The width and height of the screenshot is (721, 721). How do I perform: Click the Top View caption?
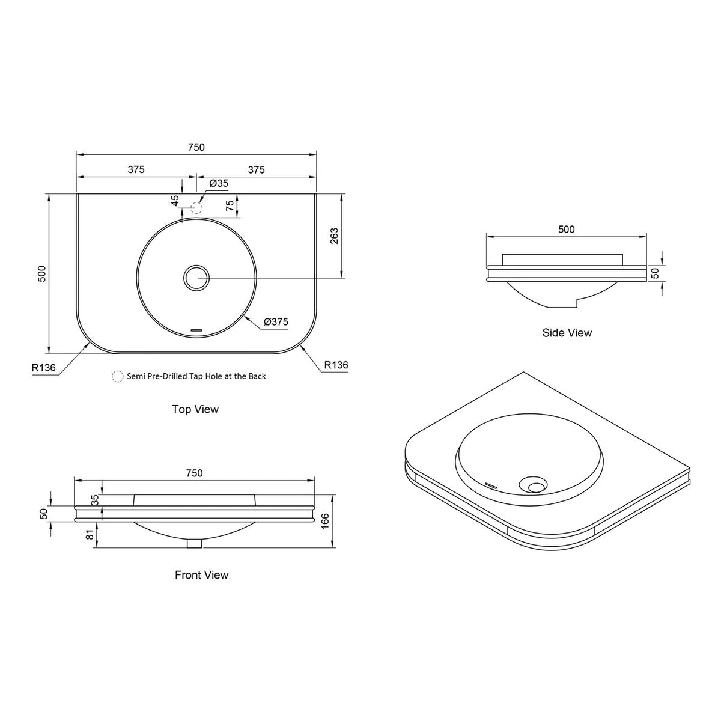[195, 409]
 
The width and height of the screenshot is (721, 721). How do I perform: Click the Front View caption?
[201, 575]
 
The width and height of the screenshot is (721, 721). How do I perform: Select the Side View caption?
[567, 333]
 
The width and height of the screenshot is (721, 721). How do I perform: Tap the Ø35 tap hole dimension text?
[219, 183]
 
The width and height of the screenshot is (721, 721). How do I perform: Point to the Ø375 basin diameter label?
[276, 322]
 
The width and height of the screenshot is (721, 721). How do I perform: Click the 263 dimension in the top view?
[334, 236]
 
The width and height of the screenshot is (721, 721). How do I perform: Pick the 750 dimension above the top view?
[196, 147]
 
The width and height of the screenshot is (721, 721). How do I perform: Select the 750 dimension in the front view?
[195, 473]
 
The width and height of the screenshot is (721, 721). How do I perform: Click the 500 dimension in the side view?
[566, 229]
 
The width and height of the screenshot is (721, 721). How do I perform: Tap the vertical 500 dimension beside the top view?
[41, 273]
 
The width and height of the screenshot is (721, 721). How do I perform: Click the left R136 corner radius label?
[43, 368]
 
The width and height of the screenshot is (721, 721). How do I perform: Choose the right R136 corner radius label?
[336, 365]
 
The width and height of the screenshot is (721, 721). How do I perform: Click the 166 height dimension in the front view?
[325, 521]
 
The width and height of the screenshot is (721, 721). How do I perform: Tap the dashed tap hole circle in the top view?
[196, 207]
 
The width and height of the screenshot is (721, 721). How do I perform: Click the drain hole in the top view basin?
[196, 278]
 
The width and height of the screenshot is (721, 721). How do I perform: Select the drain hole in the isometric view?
[532, 485]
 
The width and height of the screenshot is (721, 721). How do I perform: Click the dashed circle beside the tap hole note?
[118, 376]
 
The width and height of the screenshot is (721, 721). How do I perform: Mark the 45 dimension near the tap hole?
[175, 201]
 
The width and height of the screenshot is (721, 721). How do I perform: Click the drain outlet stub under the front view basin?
[195, 543]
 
